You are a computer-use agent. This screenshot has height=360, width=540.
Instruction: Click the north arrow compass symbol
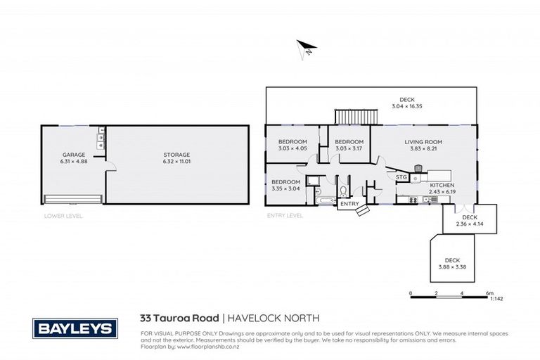coord(304,49)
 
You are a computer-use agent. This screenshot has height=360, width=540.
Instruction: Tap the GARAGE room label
coord(73,154)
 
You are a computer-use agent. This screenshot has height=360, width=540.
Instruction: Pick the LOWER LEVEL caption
coord(63,216)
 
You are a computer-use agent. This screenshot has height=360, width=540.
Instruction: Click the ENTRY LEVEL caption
coord(284,216)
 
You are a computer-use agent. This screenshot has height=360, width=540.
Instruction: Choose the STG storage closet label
coord(401,178)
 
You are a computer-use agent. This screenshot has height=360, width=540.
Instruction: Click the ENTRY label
coord(349,204)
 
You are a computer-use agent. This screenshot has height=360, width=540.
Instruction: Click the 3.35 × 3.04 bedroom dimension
coord(285,188)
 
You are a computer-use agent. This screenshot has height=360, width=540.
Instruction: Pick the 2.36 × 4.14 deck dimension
coord(470,222)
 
